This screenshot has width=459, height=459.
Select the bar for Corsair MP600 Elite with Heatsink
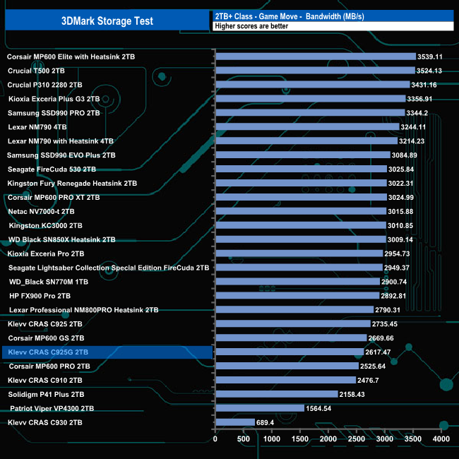(315, 56)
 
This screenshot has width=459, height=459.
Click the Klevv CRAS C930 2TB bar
(234, 422)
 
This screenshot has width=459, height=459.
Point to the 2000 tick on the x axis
(328, 439)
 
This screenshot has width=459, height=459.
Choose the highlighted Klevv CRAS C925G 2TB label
(49, 352)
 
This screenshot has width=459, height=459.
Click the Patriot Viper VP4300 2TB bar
(259, 408)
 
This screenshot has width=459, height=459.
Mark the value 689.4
(270, 422)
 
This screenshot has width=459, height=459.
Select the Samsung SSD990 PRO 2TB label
(54, 112)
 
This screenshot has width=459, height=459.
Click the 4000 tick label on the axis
(441, 439)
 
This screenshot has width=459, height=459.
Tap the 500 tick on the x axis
(243, 439)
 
